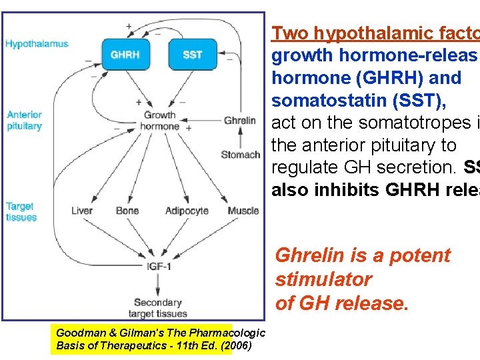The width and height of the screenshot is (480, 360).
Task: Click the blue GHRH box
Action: [125, 55]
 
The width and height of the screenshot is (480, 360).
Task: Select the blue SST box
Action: [193, 55]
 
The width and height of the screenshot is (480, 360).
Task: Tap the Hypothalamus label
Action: [37, 44]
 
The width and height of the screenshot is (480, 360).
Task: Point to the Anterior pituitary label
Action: [25, 120]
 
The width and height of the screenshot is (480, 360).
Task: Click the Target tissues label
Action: [20, 212]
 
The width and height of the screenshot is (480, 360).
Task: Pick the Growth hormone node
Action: [160, 121]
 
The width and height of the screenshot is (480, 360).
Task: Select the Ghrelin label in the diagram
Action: [240, 121]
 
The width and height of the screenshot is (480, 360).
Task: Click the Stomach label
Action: [240, 155]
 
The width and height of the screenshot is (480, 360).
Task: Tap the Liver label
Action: [82, 211]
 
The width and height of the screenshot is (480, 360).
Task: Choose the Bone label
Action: [127, 211]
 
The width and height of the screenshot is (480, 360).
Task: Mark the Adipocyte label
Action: [187, 211]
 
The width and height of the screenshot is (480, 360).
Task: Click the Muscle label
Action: [243, 211]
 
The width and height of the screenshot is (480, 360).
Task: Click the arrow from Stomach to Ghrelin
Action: [240, 138]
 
